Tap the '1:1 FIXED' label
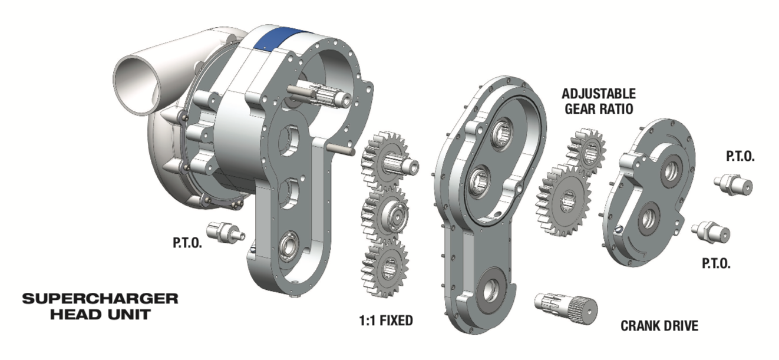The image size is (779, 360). click(386, 321)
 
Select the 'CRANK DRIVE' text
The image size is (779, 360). click(659, 326)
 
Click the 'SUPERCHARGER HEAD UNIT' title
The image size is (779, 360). click(100, 306)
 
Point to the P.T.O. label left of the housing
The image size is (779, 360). click(187, 243)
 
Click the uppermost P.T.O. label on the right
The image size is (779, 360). click(740, 157)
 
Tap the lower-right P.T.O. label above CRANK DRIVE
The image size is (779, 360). click(716, 263)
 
